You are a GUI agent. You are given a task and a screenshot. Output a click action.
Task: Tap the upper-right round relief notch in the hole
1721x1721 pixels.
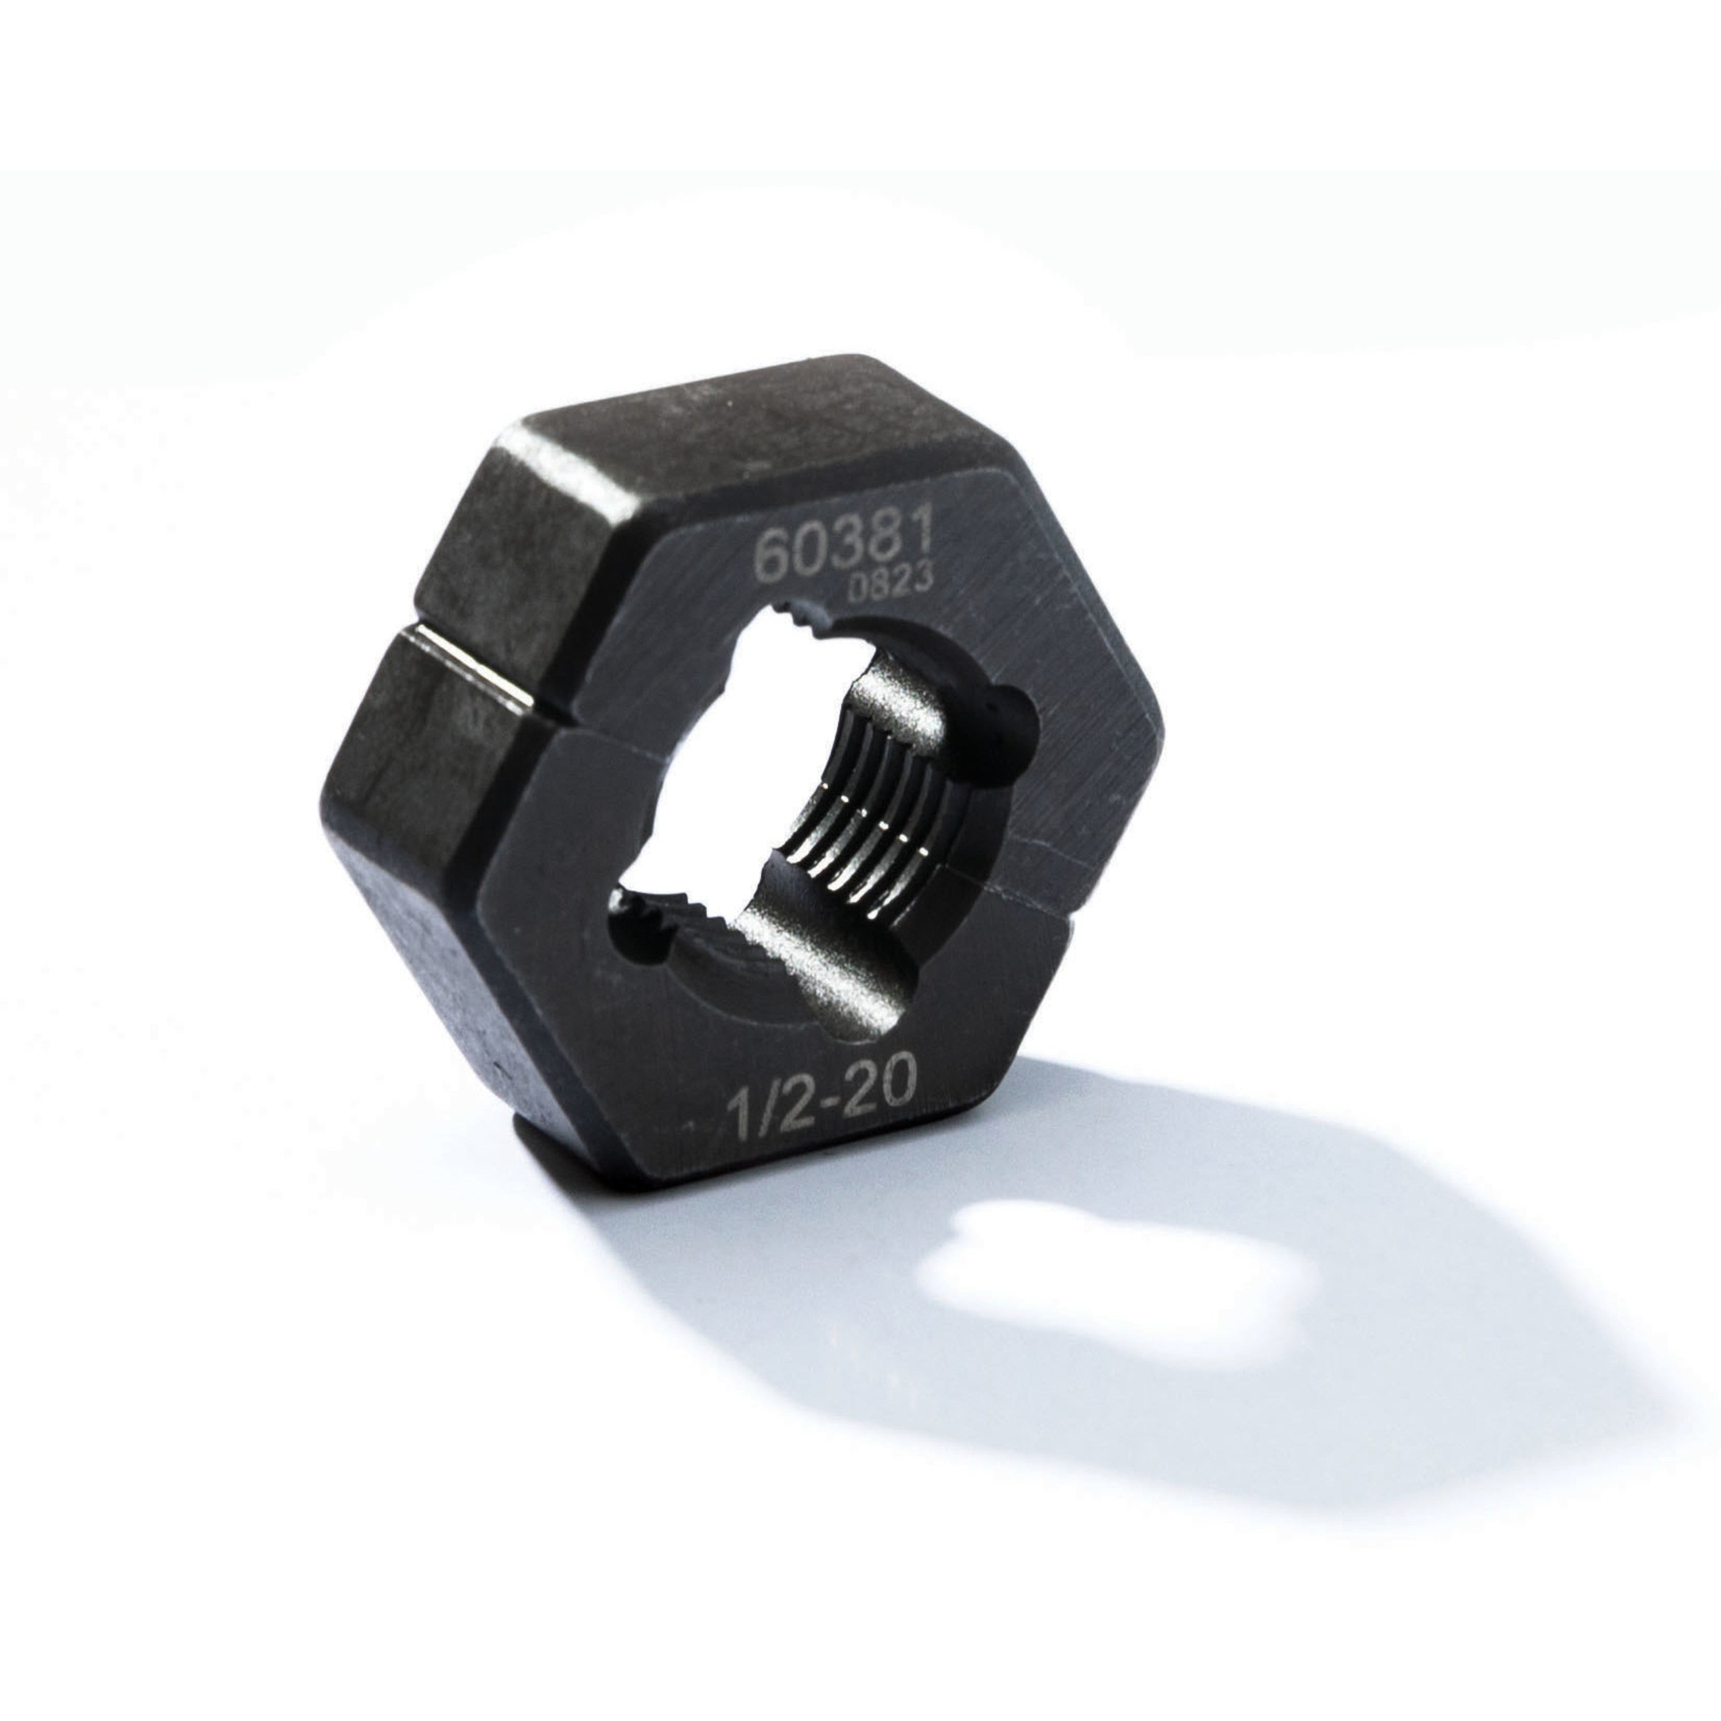pos(1015,722)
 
